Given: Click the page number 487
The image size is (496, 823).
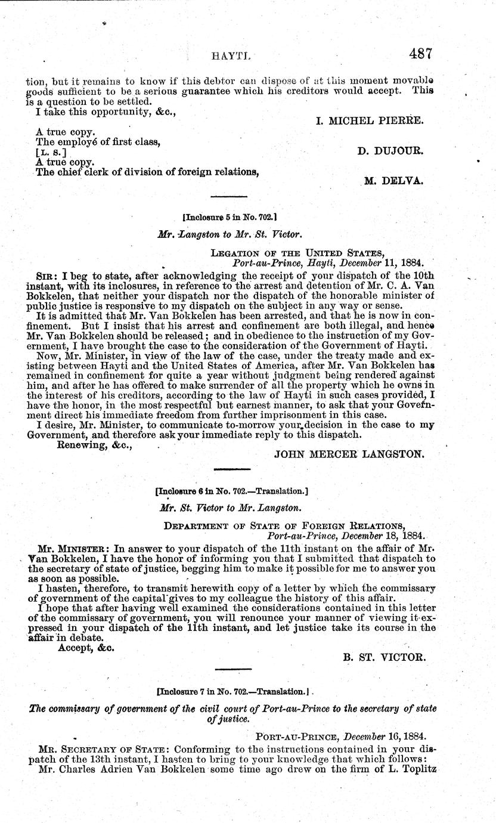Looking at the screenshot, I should (420, 53).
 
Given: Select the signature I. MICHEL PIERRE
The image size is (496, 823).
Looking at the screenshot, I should (370, 120).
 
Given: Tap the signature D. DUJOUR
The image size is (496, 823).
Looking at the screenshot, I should (390, 151).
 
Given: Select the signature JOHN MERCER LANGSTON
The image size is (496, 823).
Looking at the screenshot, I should (349, 454).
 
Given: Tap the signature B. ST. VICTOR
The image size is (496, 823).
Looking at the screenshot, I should (384, 657).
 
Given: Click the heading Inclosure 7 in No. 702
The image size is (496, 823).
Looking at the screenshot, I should (232, 694).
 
